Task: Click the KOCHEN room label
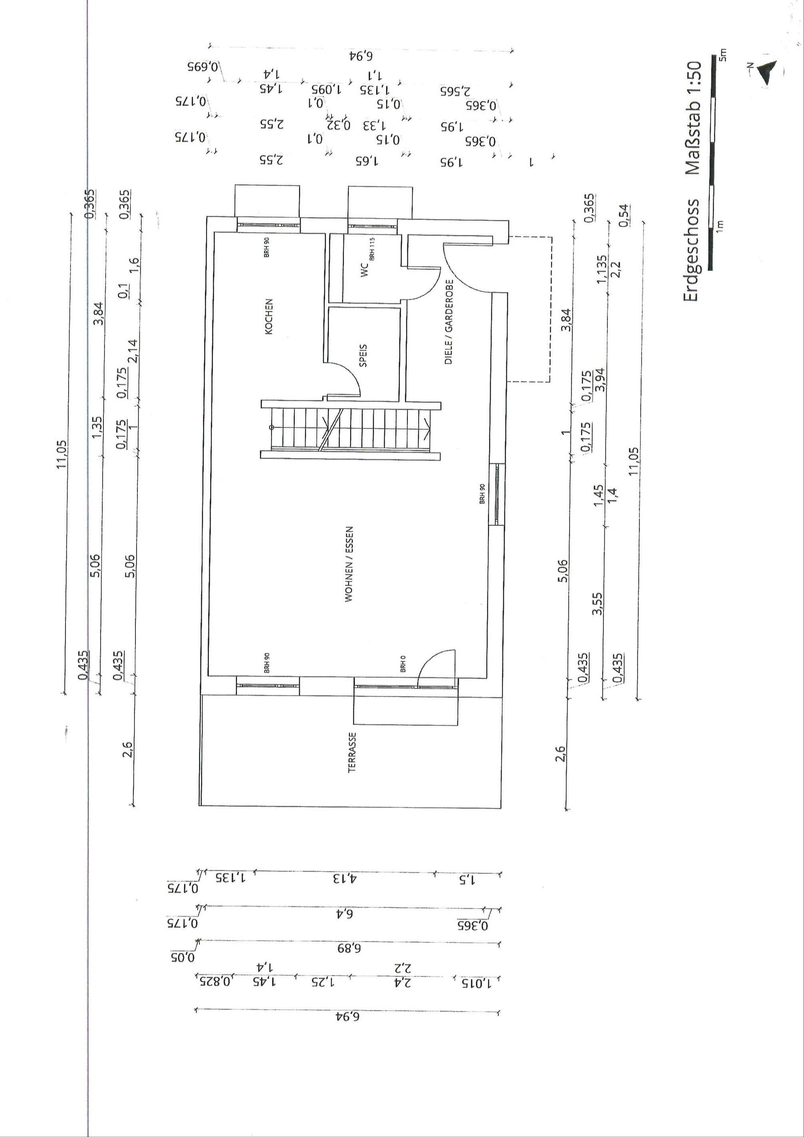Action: tap(269, 316)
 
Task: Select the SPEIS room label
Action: tap(363, 355)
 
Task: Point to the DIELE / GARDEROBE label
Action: tap(449, 322)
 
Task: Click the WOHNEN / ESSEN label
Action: tap(349, 564)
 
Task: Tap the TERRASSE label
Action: tap(352, 753)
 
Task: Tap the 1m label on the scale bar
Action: tap(721, 225)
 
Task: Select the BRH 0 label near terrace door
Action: tap(403, 664)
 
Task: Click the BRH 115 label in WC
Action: tap(372, 248)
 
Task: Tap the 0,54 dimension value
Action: tap(625, 215)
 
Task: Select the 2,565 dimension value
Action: tap(455, 91)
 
